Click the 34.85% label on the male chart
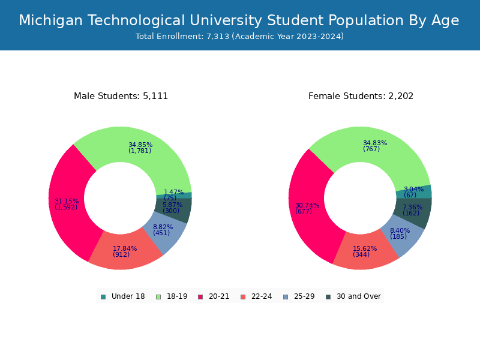coord(140,145)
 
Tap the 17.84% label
coord(125,248)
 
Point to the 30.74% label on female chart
coord(307,205)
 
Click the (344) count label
coord(361,254)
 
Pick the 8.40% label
coord(400,230)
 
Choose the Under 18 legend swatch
coord(103,296)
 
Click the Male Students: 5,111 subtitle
coord(121,96)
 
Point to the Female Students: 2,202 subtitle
coord(361,96)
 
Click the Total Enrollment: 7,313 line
coord(239,37)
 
